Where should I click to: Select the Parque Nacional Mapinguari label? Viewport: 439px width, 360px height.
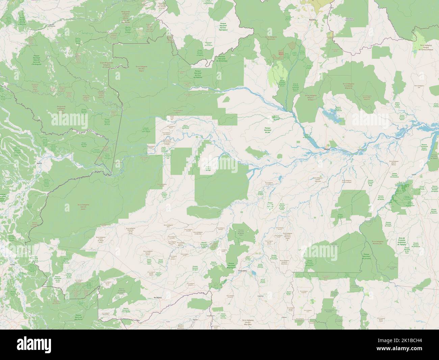pyautogui.click(x=231, y=266)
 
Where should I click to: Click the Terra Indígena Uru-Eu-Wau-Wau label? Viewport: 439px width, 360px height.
pyautogui.click(x=249, y=321)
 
